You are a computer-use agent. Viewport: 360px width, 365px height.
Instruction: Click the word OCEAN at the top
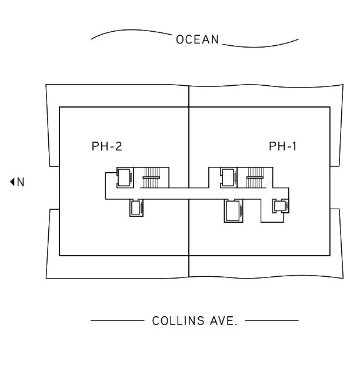(x=197, y=40)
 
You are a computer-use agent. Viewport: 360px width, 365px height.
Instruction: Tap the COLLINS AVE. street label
(x=195, y=321)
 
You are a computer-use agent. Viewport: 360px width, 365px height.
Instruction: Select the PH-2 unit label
(x=107, y=146)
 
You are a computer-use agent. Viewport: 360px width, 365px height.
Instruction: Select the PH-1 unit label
(x=283, y=146)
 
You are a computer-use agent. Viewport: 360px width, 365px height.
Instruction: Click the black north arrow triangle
(x=12, y=182)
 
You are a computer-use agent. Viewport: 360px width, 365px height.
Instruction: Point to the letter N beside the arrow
(x=21, y=182)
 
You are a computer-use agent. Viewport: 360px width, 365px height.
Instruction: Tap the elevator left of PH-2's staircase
(x=124, y=176)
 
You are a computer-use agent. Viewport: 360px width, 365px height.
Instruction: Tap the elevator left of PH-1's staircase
(x=228, y=176)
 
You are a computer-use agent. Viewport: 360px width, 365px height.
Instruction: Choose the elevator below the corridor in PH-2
(x=136, y=208)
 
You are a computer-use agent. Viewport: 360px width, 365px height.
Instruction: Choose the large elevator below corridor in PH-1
(x=234, y=211)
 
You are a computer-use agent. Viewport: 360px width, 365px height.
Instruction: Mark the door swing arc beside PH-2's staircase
(x=138, y=184)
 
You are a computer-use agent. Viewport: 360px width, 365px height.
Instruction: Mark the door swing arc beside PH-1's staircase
(x=269, y=184)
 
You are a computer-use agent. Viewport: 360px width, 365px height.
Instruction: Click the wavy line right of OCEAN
(x=262, y=43)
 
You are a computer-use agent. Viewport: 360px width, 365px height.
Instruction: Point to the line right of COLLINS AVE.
(x=271, y=321)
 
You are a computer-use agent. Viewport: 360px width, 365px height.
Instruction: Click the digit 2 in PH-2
(x=118, y=146)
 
